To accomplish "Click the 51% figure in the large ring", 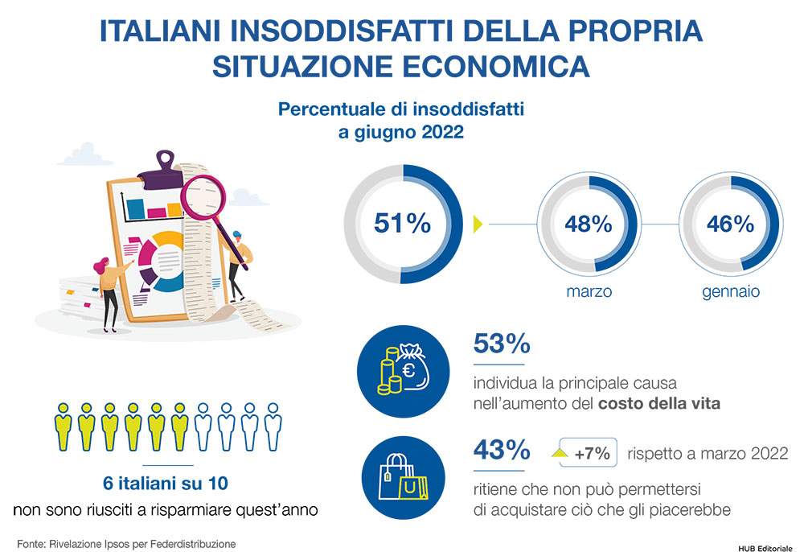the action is pos(403,223).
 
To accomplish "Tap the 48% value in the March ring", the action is pos(589,225).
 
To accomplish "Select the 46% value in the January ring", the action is pos(731,225).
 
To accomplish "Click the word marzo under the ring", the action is pos(589,291).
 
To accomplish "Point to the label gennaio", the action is pos(731,292).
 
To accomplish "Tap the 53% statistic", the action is pos(502,344).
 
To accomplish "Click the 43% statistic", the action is pos(502,450).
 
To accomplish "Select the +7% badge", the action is pos(588,452).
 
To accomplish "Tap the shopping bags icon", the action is pos(404,478).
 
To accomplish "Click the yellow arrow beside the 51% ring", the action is pos(478,225).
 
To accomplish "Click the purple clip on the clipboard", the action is pos(162,172).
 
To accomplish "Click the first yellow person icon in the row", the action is pos(63,426).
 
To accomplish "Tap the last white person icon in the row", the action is pos(273,426).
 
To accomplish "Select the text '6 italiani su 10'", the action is pos(166,484).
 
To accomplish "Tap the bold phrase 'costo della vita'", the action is pos(659,403).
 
